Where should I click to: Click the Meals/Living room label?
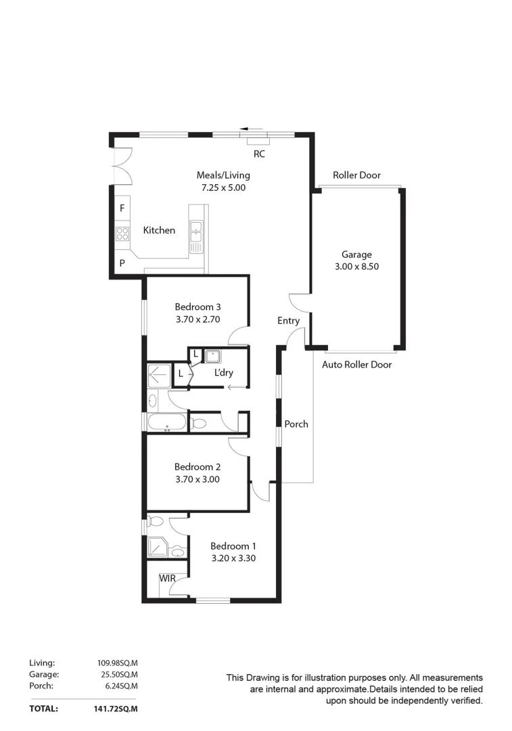[223, 175]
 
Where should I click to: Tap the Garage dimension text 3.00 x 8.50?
[356, 267]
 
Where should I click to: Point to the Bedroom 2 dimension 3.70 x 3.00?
[197, 479]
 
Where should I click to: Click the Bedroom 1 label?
[233, 546]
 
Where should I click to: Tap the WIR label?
[167, 579]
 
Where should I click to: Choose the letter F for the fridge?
[122, 208]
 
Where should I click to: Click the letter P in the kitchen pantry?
[122, 263]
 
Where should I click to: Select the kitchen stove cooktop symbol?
[122, 234]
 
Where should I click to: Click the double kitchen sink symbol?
[196, 232]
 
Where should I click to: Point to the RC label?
[259, 154]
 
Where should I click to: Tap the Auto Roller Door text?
[356, 365]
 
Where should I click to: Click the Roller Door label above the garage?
[356, 175]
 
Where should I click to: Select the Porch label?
[296, 424]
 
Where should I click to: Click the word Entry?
[288, 321]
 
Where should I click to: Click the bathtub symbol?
[166, 422]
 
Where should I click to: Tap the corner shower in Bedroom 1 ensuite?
[158, 548]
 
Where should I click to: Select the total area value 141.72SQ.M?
[117, 709]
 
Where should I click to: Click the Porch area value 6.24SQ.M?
[120, 686]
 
